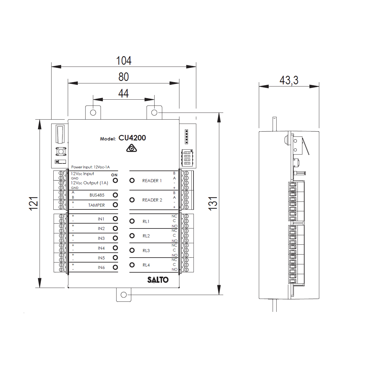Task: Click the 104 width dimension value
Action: (124, 60)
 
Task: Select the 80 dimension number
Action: (124, 77)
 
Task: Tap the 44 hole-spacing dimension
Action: (124, 94)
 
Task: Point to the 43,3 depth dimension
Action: (289, 80)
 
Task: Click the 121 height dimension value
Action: (33, 204)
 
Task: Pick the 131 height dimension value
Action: (213, 204)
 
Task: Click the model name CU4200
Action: (132, 138)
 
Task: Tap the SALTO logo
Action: (158, 280)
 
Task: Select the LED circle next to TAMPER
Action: (115, 205)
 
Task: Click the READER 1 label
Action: (152, 181)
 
